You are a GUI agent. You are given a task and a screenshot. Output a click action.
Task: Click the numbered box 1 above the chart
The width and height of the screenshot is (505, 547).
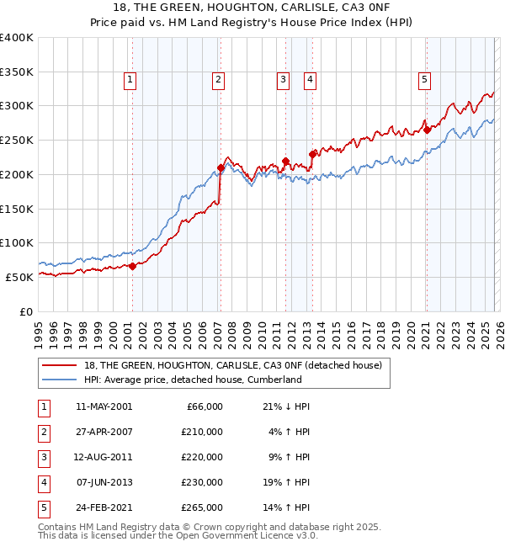click(131, 80)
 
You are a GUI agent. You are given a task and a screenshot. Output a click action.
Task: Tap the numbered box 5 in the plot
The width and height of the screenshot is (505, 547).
click(424, 80)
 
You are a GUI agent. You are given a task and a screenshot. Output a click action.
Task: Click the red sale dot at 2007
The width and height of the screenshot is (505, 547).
click(221, 167)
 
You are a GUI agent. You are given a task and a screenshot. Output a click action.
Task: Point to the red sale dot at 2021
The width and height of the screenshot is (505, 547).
click(427, 130)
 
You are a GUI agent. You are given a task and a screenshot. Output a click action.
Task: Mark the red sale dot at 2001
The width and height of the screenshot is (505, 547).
click(132, 266)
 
